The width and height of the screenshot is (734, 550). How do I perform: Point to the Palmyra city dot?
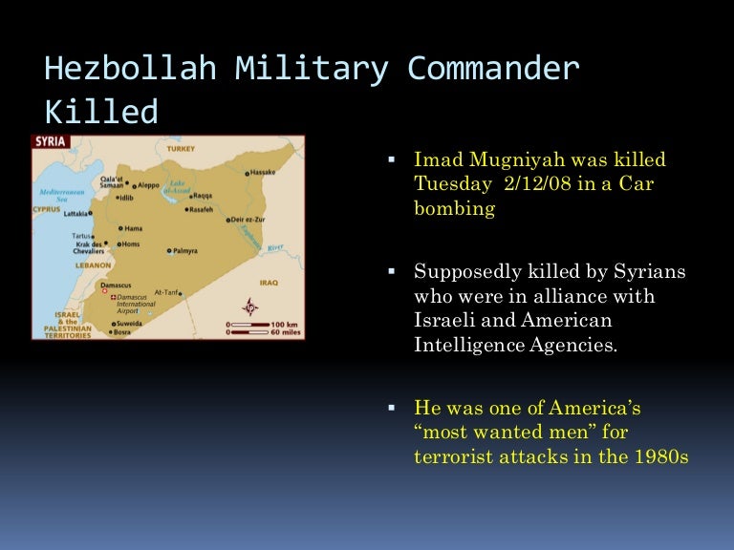pos(168,251)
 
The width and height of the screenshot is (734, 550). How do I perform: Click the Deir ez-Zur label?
pos(249,220)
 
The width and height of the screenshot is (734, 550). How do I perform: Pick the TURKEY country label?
pos(180,149)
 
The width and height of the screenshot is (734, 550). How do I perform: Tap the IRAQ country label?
pos(268,283)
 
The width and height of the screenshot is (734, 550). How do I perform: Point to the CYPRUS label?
pos(47,208)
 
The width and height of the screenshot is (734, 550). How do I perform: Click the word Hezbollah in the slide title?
pos(130,70)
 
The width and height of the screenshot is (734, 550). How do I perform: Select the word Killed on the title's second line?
pos(101,113)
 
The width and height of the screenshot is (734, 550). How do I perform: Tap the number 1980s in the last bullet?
pos(660,456)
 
